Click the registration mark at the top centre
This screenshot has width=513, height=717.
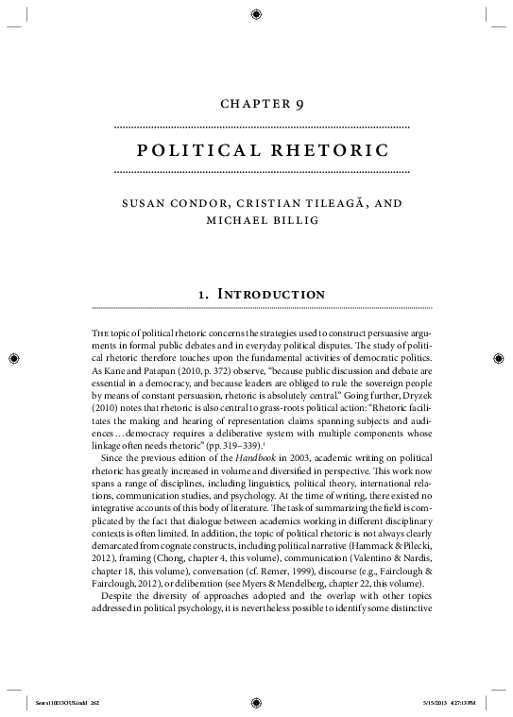[x=257, y=13]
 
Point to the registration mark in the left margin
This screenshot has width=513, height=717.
[x=13, y=358]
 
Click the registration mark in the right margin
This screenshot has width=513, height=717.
[x=499, y=358]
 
